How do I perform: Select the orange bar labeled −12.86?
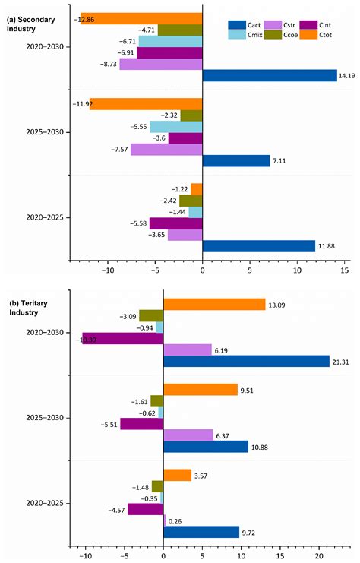click(x=141, y=18)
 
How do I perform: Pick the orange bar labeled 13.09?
click(x=214, y=304)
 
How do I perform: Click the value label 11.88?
click(x=328, y=246)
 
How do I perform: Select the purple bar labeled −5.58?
click(x=175, y=223)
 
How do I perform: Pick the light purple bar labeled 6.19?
click(x=188, y=350)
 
